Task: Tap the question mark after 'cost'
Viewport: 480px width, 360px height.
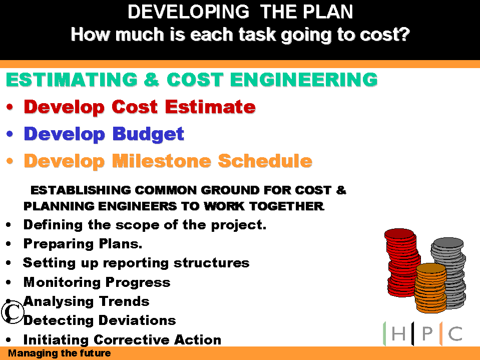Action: [405, 34]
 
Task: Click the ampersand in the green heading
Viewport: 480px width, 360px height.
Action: [151, 79]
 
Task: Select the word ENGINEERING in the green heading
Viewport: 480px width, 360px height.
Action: [304, 79]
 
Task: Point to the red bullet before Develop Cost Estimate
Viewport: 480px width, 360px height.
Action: [10, 107]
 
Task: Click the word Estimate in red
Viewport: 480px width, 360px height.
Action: [210, 107]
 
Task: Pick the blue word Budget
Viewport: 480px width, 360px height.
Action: [149, 135]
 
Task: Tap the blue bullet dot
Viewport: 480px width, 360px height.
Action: [10, 134]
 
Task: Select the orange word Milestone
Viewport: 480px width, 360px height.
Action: [162, 161]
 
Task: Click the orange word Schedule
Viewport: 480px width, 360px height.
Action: [265, 161]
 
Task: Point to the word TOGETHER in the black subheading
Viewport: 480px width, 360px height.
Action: [287, 206]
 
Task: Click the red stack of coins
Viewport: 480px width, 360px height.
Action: [401, 262]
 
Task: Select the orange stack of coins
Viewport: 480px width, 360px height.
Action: [431, 288]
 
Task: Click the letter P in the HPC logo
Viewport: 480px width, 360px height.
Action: [427, 333]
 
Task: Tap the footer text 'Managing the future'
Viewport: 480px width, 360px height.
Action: [60, 353]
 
